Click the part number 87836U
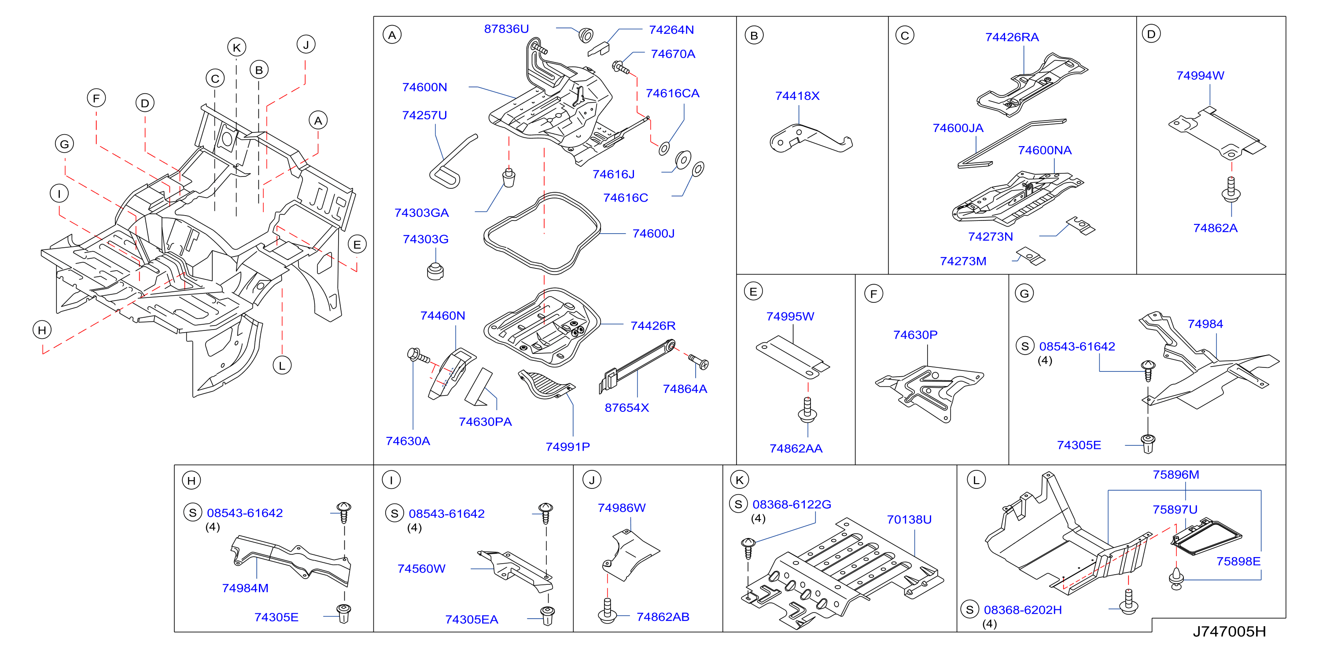(x=506, y=29)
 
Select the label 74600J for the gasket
(x=653, y=233)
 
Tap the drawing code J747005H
(x=1229, y=631)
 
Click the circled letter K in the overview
(x=236, y=48)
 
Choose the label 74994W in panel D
(x=1200, y=76)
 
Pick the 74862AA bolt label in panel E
(x=796, y=448)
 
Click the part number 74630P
(x=916, y=335)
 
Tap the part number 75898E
(x=1238, y=561)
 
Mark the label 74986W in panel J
(x=622, y=508)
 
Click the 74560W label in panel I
(x=421, y=569)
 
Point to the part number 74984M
(x=245, y=588)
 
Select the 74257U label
(x=424, y=115)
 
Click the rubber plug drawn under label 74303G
(x=435, y=271)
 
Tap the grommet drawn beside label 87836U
(x=586, y=35)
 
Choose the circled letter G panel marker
(x=1024, y=293)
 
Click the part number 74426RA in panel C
(x=1012, y=37)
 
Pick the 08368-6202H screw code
(x=1023, y=610)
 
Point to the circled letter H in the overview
(x=42, y=330)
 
